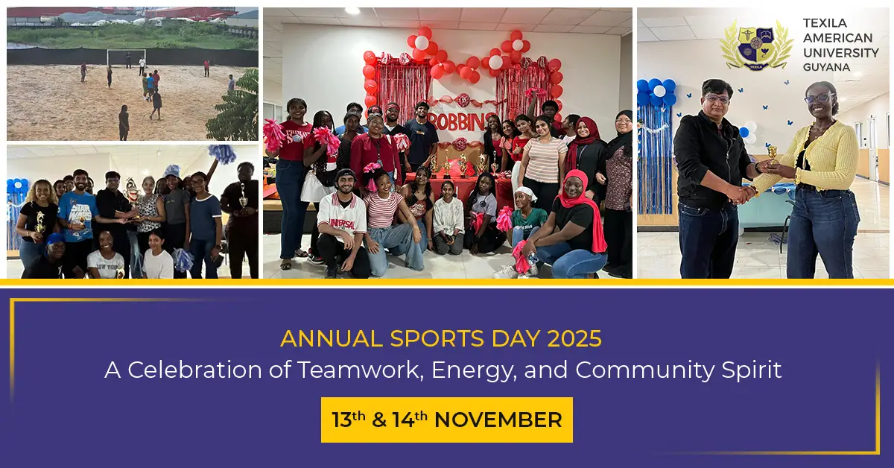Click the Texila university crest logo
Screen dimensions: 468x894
pos(756,45)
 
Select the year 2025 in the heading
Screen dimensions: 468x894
pos(574,338)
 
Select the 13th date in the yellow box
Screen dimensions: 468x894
pos(348,420)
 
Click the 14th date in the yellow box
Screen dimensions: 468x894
pos(410,420)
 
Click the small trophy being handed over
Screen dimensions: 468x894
pos(773,154)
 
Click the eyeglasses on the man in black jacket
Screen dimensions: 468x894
pos(716,98)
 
